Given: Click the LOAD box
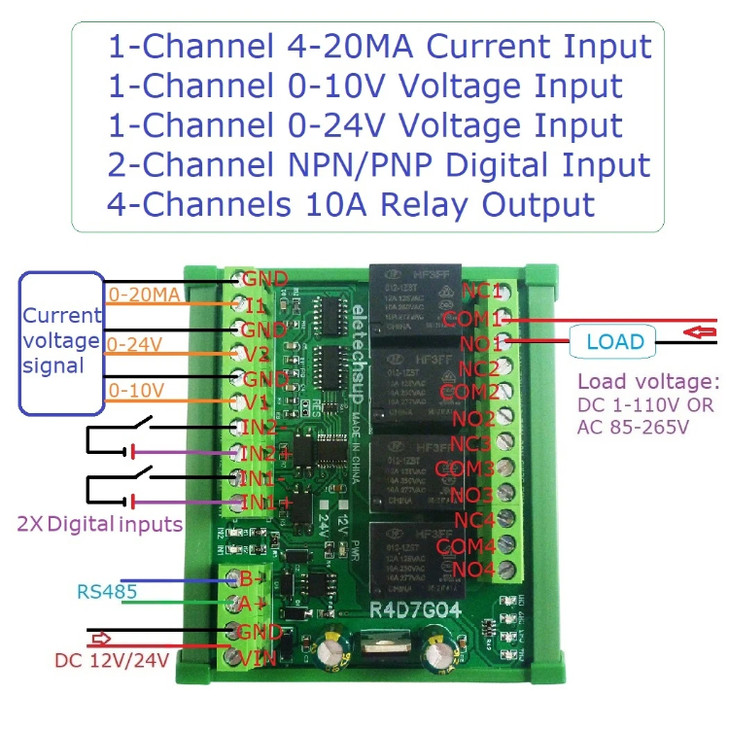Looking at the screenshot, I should pyautogui.click(x=615, y=341).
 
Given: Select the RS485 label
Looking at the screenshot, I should pyautogui.click(x=106, y=591).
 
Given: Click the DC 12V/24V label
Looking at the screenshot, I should pyautogui.click(x=112, y=660).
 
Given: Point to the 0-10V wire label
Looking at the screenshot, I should pyautogui.click(x=136, y=390).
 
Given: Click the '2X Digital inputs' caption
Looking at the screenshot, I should pyautogui.click(x=100, y=524).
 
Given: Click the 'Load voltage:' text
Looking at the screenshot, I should pyautogui.click(x=648, y=380).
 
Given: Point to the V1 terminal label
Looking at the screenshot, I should pyautogui.click(x=255, y=401).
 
